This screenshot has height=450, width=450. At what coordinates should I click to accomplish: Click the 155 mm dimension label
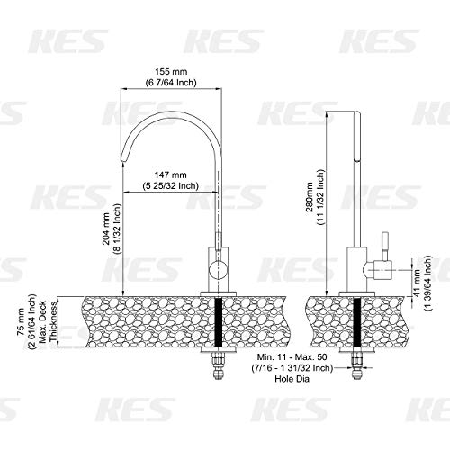pyautogui.click(x=171, y=72)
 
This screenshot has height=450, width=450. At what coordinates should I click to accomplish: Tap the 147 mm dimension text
pyautogui.click(x=170, y=175)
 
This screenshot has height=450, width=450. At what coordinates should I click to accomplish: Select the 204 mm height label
pyautogui.click(x=106, y=229)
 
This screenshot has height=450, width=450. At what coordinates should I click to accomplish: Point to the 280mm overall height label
pyautogui.click(x=310, y=197)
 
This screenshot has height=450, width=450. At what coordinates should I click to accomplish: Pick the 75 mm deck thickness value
pyautogui.click(x=21, y=321)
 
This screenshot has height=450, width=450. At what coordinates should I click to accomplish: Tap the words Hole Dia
pyautogui.click(x=292, y=379)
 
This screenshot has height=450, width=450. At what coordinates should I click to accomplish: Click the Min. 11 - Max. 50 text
pyautogui.click(x=292, y=357)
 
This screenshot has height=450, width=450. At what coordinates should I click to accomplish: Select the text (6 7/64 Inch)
pyautogui.click(x=171, y=83)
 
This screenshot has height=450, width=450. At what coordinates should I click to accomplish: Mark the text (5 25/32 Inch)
pyautogui.click(x=170, y=186)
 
